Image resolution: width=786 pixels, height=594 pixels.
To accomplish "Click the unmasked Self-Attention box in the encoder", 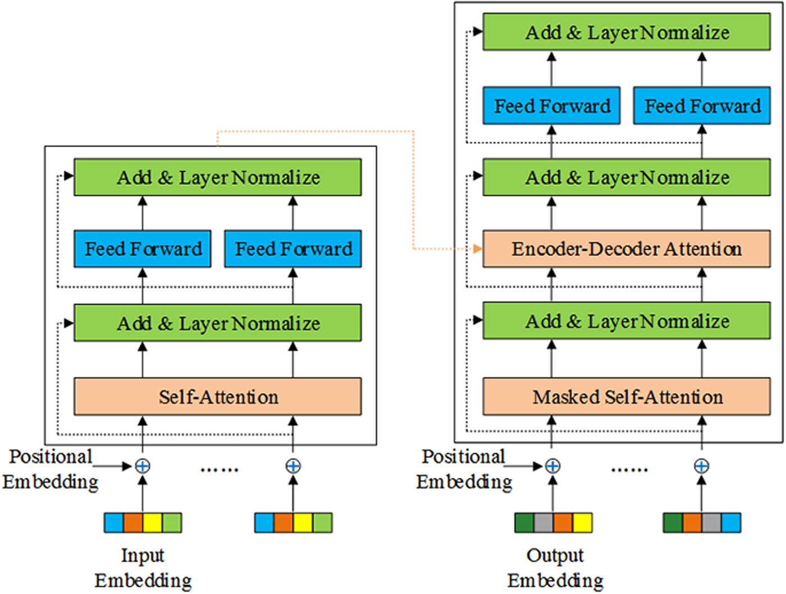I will (x=217, y=396).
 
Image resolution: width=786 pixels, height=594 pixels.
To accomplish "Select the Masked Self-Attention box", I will (x=627, y=396).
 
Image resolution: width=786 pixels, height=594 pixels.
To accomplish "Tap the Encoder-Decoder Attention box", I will (x=627, y=248).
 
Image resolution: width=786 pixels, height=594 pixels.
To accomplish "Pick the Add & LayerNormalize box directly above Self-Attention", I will (x=217, y=323).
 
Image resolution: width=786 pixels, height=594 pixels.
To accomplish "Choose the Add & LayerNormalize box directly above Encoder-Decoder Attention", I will (x=627, y=177).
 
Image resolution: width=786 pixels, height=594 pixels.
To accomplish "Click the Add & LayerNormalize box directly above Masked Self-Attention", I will (x=627, y=321).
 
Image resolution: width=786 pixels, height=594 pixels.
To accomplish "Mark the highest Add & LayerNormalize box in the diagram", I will (x=627, y=32).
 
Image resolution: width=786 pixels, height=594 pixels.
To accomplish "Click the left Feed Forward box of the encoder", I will (x=143, y=248).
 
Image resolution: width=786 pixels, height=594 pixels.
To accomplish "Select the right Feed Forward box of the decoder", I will (x=702, y=106).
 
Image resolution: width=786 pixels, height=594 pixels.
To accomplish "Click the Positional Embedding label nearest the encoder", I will (x=51, y=469).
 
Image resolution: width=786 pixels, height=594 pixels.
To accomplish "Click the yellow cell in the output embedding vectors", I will (x=582, y=523).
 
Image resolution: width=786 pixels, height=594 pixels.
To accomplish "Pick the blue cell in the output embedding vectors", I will (x=730, y=523).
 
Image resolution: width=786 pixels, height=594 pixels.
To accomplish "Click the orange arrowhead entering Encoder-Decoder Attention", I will (x=478, y=248).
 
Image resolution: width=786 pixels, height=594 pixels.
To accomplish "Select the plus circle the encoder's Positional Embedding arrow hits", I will (x=143, y=466).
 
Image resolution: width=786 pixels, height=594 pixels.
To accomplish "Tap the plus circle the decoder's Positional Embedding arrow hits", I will (x=553, y=466).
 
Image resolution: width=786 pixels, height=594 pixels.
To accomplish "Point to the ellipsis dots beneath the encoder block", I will (x=220, y=469).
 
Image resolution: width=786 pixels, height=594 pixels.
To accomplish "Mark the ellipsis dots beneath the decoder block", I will (x=629, y=469).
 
